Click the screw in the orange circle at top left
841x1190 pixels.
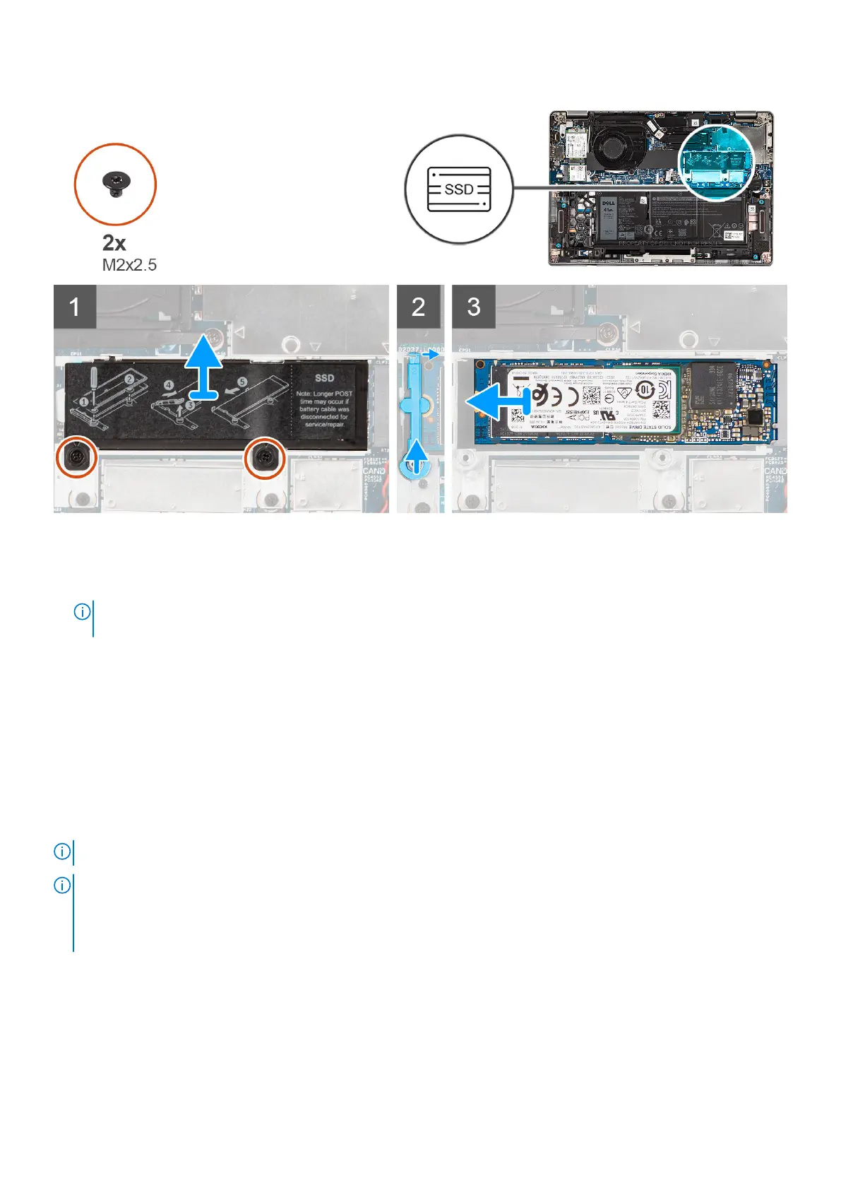(115, 184)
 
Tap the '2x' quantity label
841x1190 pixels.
(114, 242)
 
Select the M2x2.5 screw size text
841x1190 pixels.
(129, 266)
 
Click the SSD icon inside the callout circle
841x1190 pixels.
(459, 189)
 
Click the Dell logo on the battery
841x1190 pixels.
(608, 204)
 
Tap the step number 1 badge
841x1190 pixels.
(75, 306)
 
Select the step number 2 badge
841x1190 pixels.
(418, 306)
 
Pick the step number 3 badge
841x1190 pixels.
(473, 306)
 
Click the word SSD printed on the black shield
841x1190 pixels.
(324, 378)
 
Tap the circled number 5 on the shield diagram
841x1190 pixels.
(242, 382)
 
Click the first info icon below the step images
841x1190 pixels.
(82, 612)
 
